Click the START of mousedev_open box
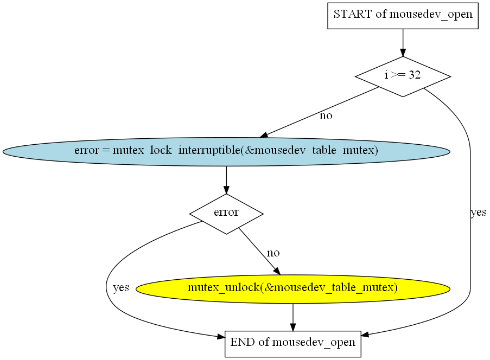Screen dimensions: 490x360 [403, 16]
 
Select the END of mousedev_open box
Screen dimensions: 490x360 [293, 344]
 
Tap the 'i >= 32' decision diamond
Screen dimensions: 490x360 [403, 76]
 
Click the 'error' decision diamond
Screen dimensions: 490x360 [226, 214]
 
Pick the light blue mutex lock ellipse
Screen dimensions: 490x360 [226, 151]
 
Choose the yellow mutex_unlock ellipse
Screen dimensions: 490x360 [293, 289]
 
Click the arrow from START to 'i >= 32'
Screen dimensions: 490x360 [403, 43]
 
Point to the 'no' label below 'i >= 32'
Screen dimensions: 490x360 [326, 116]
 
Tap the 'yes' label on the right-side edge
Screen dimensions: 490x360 [479, 213]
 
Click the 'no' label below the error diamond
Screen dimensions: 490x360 [273, 253]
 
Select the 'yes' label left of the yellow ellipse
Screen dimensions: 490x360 [121, 287]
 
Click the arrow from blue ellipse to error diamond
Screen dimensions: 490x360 [226, 180]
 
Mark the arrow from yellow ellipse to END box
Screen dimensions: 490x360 [293, 317]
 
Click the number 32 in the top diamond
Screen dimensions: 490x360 [415, 75]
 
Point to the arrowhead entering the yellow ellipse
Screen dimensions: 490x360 [277, 271]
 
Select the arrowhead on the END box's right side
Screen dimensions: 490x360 [365, 335]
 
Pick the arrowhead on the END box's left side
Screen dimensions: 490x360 [221, 336]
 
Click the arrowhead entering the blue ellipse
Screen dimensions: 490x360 [264, 135]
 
